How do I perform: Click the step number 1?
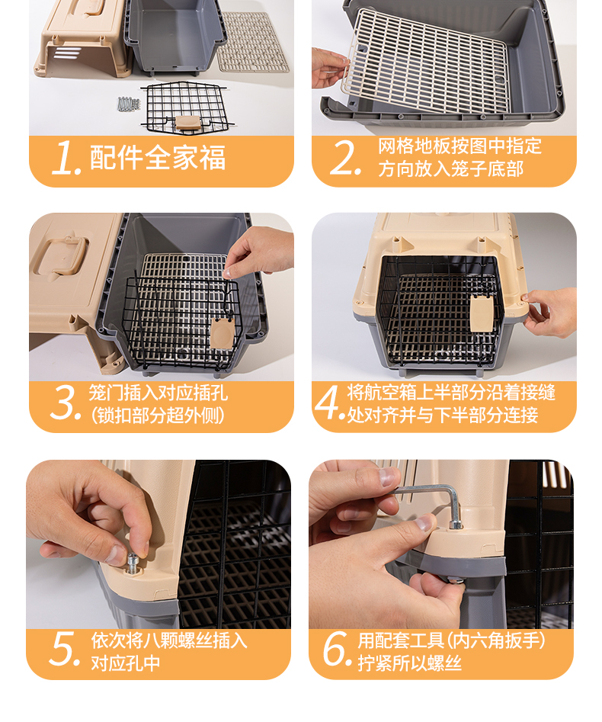click(x=66, y=158)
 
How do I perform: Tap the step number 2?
click(x=345, y=158)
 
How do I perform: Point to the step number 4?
click(x=329, y=403)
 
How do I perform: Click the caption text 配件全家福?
click(x=158, y=158)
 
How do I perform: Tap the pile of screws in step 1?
click(x=128, y=104)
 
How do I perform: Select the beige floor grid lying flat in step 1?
click(x=252, y=43)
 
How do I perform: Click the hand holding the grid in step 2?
click(x=328, y=68)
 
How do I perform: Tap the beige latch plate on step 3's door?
click(x=223, y=333)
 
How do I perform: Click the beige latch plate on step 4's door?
click(x=482, y=313)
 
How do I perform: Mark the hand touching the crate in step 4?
click(x=550, y=312)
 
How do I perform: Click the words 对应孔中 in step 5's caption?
click(x=126, y=663)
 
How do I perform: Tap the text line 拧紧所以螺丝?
click(x=410, y=663)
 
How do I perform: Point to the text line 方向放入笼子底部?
click(x=450, y=169)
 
